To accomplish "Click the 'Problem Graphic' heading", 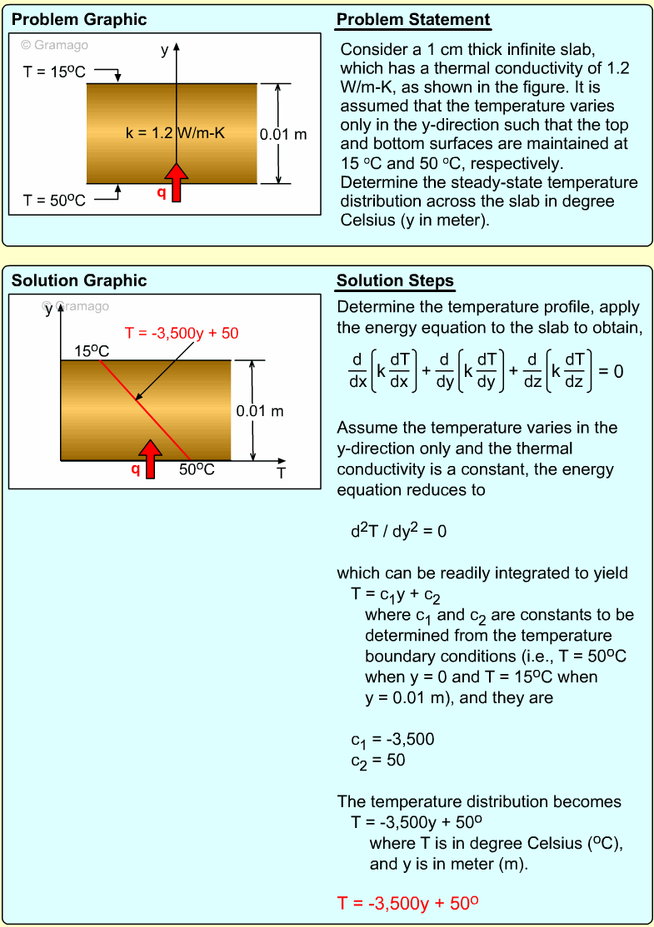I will pos(79,20).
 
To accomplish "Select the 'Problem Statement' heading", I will pos(413,20).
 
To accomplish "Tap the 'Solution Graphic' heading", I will pos(79,281).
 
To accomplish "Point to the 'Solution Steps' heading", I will pos(395,281).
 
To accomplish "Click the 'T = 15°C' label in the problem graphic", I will pos(54,72).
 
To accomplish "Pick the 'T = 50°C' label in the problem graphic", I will pos(54,201).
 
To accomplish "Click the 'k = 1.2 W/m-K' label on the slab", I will pos(175,132).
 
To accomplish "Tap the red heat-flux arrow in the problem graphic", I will pos(176,182).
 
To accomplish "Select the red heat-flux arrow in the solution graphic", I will pos(151,459).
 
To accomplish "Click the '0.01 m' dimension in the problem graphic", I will pos(283,133).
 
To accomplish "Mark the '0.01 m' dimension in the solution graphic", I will pos(260,410).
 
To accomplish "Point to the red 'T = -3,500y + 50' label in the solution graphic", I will pos(182,334).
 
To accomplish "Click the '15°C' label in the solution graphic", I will pos(92,351).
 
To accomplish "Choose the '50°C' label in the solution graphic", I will pos(197,469).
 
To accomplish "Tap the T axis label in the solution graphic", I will pos(282,473).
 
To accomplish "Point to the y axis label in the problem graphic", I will pos(165,49).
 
